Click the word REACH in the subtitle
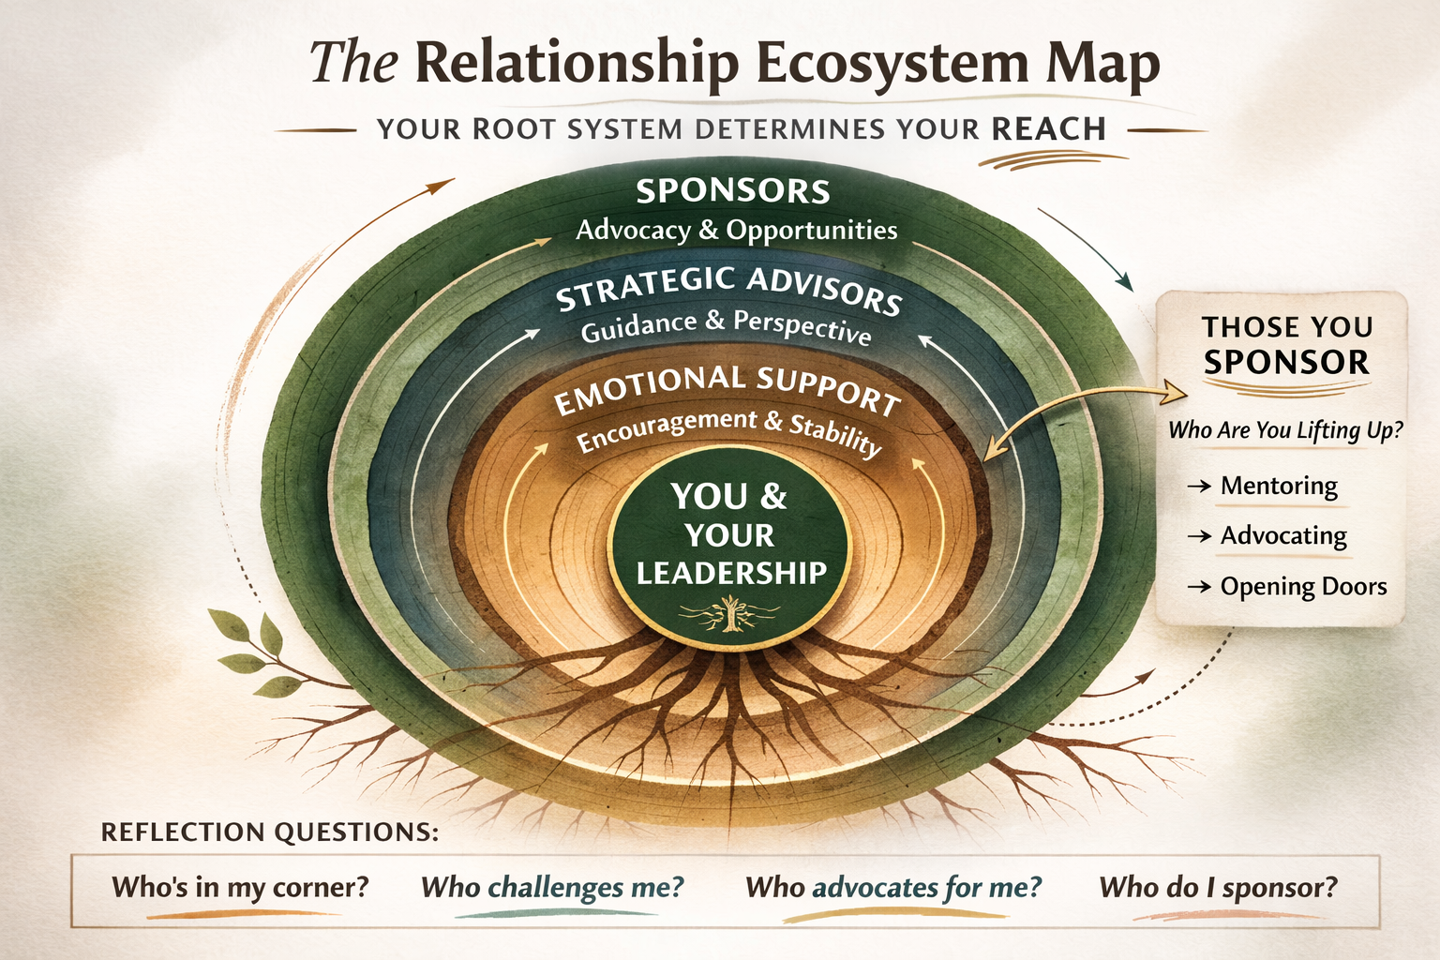[1049, 128]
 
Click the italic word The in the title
[354, 63]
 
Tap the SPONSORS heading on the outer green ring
[732, 191]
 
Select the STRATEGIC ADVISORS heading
[728, 289]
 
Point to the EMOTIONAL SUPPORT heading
[727, 389]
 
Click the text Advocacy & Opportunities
[736, 230]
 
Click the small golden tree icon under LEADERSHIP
[729, 614]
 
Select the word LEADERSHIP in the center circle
[731, 573]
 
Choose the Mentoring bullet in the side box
[1278, 486]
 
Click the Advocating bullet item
[1282, 536]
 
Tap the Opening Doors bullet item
[1302, 587]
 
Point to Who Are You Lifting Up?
[1285, 430]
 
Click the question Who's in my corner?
[240, 887]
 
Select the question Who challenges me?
[552, 887]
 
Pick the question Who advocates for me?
[893, 887]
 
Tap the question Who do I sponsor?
[1218, 887]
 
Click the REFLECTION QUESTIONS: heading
[269, 832]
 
